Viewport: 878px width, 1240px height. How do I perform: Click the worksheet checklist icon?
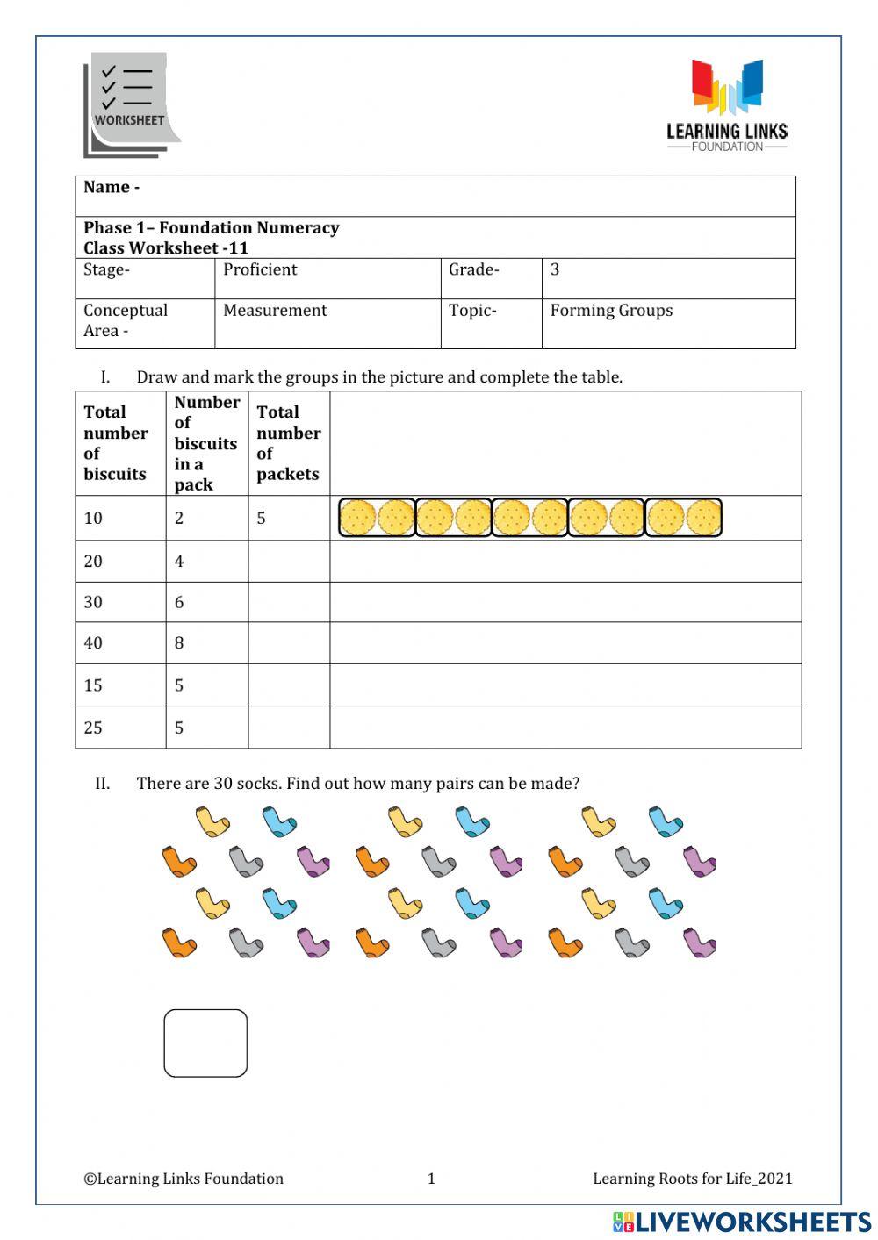(x=131, y=105)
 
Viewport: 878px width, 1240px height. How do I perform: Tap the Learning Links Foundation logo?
(x=726, y=105)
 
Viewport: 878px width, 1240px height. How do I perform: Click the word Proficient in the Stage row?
(x=260, y=270)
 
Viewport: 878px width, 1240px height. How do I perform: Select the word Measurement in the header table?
(x=275, y=311)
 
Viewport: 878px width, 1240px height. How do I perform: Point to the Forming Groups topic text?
(x=611, y=311)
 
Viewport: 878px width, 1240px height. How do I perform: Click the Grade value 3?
(x=555, y=270)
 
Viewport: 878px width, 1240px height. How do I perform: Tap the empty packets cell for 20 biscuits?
(x=289, y=562)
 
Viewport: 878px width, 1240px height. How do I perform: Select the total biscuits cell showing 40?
(x=93, y=643)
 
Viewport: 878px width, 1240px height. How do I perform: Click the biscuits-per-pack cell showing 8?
(x=179, y=643)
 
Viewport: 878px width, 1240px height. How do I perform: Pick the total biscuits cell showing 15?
(x=93, y=685)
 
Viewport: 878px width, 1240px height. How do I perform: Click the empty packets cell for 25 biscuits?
(x=289, y=728)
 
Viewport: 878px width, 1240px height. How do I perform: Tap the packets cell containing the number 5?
(x=262, y=519)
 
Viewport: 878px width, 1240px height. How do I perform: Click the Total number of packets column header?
(x=288, y=443)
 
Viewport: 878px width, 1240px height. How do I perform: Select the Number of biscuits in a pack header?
(x=206, y=443)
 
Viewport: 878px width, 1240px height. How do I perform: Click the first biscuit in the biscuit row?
(x=357, y=518)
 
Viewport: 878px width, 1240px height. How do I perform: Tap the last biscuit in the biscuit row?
(x=703, y=518)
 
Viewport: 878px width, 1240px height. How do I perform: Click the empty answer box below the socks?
(x=205, y=1043)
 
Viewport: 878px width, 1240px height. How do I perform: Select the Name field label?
(x=112, y=188)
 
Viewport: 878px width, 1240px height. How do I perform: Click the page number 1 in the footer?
(x=431, y=1179)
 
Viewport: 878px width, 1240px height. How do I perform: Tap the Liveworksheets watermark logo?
(x=742, y=1222)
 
